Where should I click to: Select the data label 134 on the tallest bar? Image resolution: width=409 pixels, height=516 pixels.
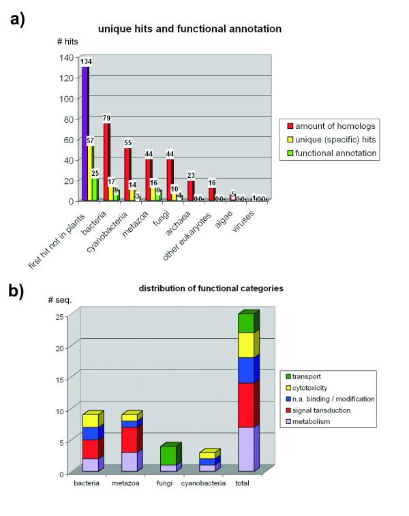coord(87,62)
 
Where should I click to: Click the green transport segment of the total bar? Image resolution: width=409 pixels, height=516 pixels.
coord(246,323)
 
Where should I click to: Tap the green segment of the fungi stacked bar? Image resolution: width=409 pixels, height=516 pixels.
coord(167,455)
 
